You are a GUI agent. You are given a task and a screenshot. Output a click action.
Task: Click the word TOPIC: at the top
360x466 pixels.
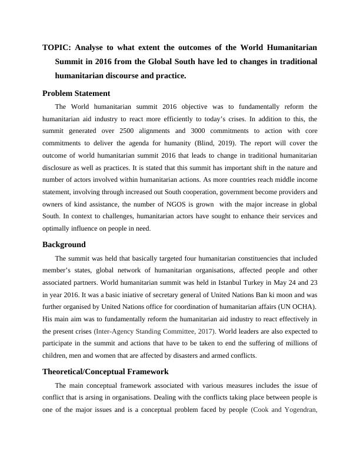coord(58,46)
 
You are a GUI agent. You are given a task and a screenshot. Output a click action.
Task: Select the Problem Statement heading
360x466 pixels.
coord(76,93)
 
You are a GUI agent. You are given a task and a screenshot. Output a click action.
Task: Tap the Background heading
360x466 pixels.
coord(64,244)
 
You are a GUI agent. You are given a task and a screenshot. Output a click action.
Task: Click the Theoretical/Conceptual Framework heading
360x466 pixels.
coord(105,371)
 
